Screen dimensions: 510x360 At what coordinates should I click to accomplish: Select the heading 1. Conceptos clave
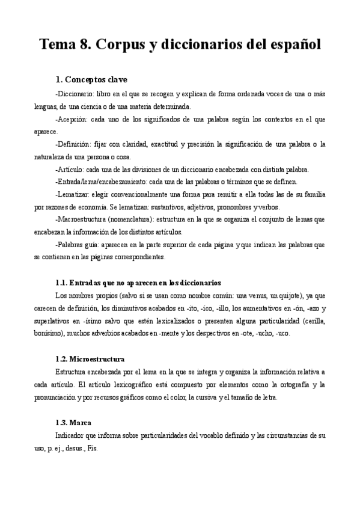point(91,79)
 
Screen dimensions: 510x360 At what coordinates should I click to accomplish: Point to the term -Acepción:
point(71,120)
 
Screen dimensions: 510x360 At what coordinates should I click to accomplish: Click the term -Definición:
point(73,144)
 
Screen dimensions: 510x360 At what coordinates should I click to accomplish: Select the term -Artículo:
point(69,170)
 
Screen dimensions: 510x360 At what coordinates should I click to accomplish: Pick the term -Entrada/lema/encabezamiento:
point(102,182)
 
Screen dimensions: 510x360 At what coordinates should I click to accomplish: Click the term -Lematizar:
point(73,194)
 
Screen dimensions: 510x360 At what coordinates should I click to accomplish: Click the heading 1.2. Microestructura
point(90,359)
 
